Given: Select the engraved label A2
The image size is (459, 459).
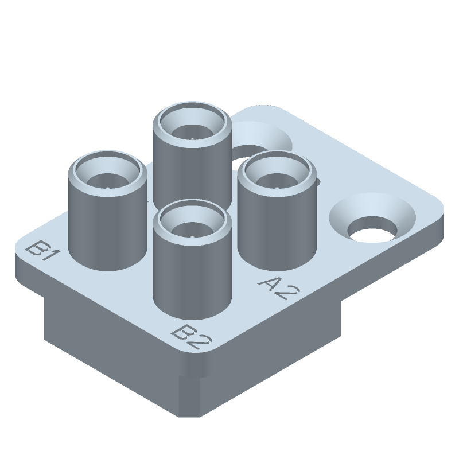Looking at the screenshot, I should click(278, 289).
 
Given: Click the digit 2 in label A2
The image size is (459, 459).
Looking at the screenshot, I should click(285, 293).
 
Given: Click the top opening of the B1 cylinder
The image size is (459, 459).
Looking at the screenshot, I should click(107, 176).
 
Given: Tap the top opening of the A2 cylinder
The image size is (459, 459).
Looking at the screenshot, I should click(278, 176).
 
